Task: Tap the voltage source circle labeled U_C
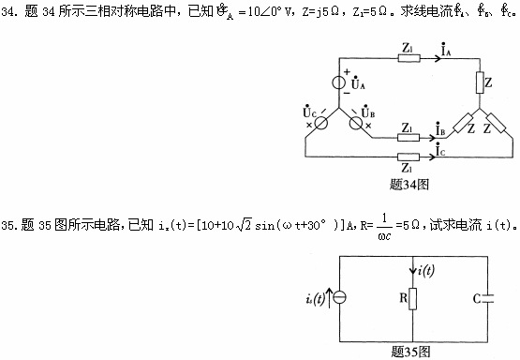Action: (319, 122)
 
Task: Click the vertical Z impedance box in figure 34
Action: (479, 84)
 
